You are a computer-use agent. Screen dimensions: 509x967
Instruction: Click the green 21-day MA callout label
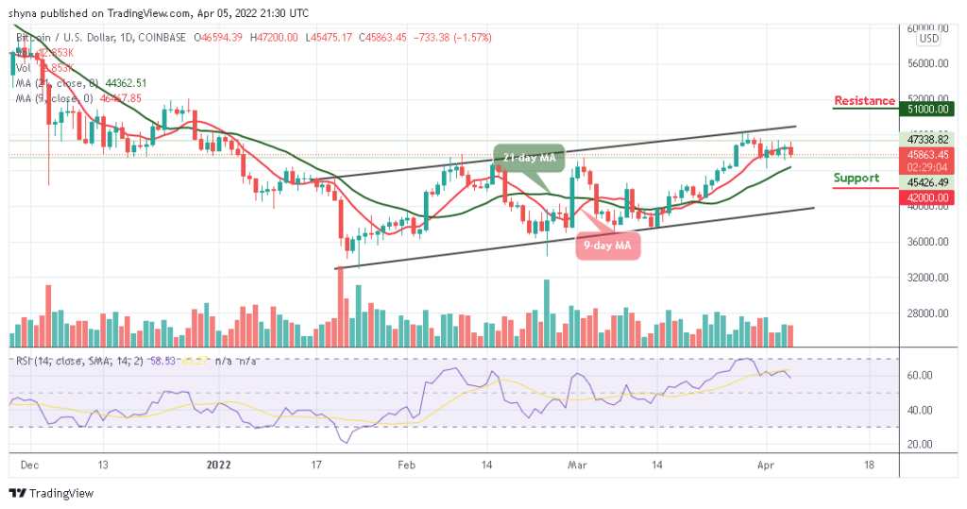point(528,156)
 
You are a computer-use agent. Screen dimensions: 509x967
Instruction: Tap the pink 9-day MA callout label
point(610,248)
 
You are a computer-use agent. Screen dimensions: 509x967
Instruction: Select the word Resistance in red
point(864,101)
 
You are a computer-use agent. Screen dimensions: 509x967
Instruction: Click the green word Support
point(857,178)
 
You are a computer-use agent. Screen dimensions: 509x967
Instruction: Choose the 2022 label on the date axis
point(219,465)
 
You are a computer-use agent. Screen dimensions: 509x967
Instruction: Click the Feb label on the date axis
point(406,465)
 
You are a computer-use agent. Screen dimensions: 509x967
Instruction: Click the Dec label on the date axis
point(30,465)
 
